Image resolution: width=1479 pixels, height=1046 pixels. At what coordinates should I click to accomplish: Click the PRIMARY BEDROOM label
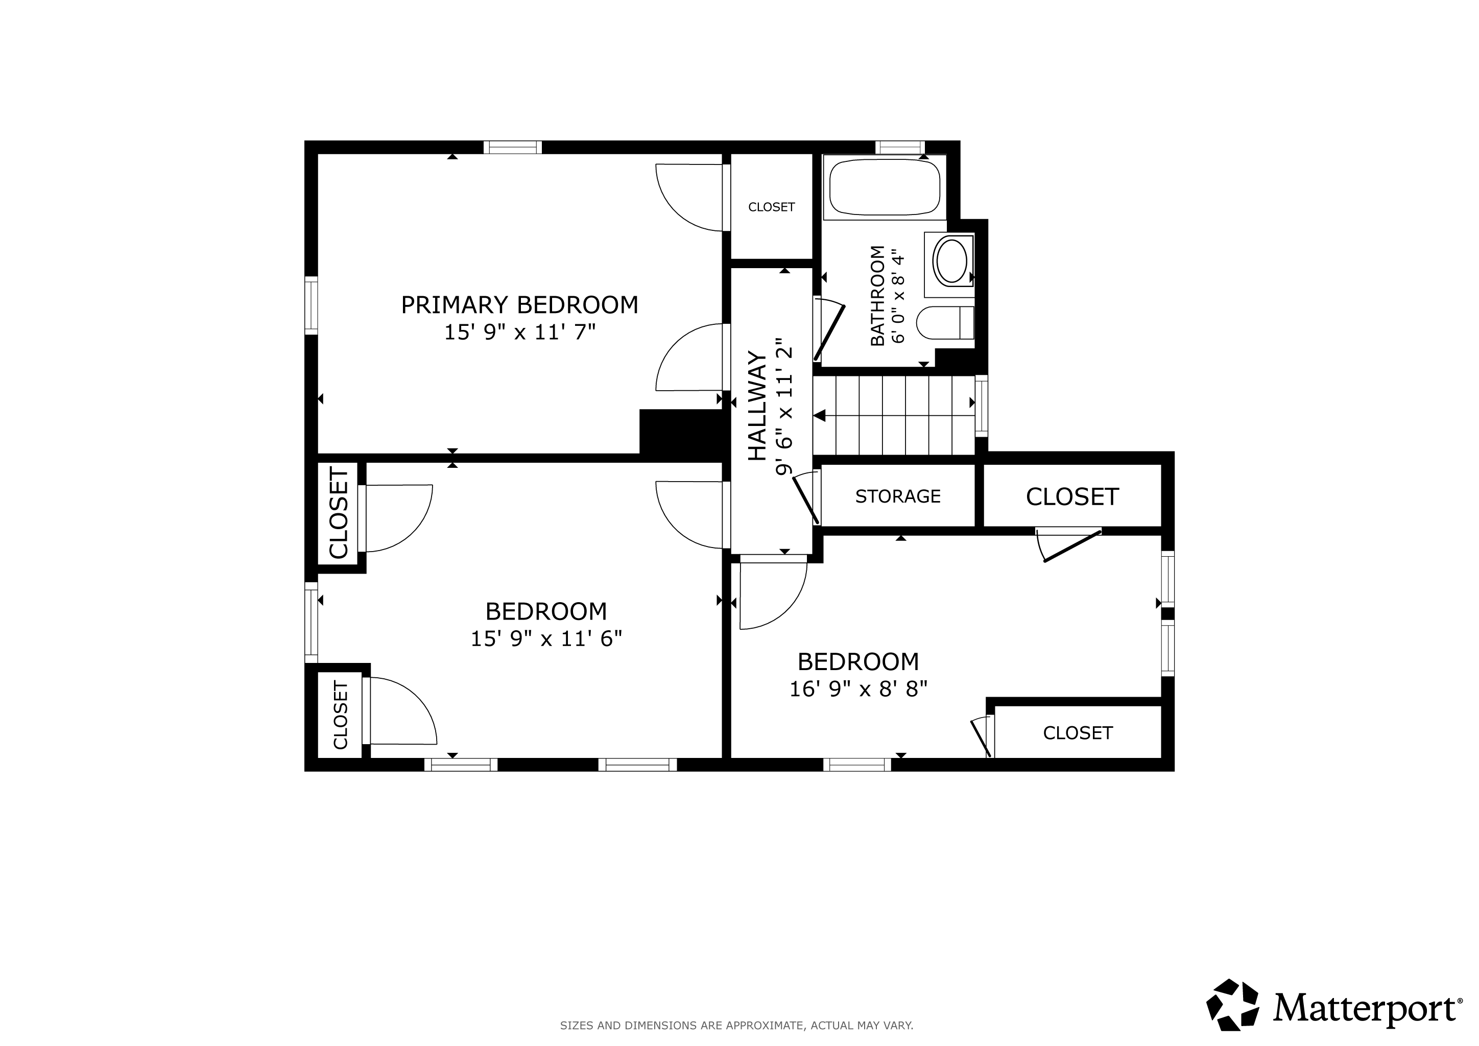519,304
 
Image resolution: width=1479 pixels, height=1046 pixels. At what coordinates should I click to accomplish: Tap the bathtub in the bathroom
885,187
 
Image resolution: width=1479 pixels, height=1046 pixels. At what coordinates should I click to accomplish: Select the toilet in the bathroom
945,323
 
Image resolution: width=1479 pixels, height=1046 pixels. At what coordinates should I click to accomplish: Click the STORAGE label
898,496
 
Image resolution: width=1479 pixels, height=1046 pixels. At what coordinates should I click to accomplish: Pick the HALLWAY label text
757,406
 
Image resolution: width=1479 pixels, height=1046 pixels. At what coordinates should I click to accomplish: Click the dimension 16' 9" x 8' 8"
858,689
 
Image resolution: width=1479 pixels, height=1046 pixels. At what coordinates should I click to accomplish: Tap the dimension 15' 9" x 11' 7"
520,332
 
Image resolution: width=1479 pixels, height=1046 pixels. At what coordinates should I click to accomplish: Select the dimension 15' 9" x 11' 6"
546,638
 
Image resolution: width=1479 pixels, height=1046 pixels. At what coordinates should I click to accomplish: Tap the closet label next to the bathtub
772,207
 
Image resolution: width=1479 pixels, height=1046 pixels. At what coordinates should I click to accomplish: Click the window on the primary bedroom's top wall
513,148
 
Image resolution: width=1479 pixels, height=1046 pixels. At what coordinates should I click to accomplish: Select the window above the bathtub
900,148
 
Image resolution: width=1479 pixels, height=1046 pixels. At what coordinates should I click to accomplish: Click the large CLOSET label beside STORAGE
1072,496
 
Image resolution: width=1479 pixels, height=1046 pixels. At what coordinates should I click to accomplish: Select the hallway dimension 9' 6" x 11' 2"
783,407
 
